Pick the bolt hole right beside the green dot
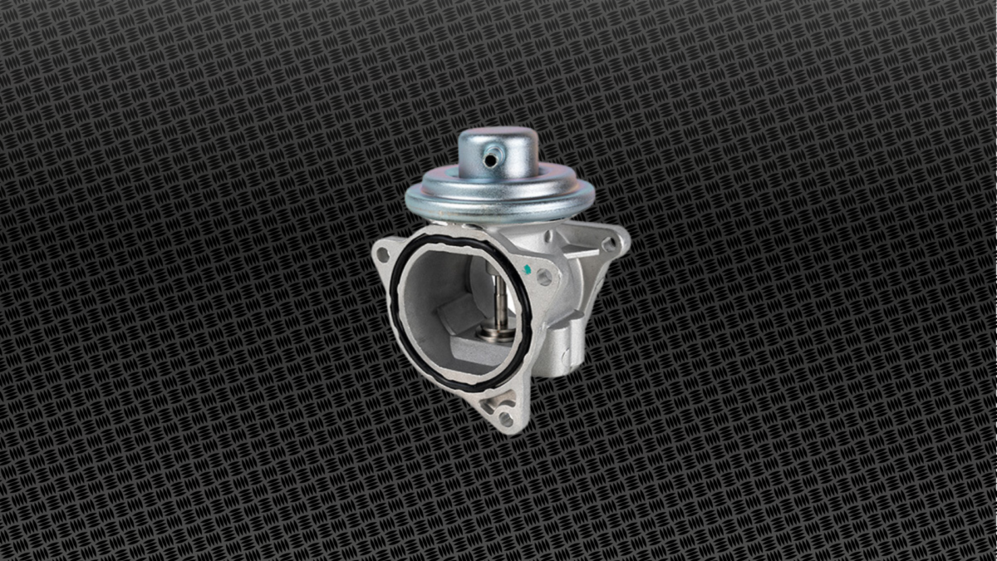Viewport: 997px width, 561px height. [x=544, y=277]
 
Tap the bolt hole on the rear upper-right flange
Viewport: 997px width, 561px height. [x=609, y=244]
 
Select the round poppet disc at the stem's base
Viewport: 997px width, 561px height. [x=496, y=334]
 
